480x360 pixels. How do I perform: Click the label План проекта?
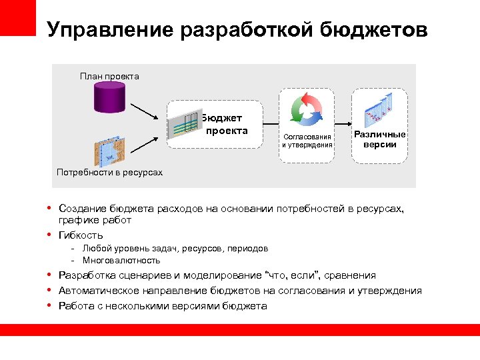109,76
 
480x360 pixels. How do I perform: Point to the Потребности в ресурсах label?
109,173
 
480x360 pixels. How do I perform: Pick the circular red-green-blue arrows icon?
306,108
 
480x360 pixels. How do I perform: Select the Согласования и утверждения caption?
307,141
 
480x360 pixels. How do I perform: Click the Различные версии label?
380,139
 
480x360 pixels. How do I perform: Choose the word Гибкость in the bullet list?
81,235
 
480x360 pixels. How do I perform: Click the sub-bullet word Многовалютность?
121,261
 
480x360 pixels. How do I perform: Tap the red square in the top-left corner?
17,17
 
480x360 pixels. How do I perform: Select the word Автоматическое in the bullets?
96,291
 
